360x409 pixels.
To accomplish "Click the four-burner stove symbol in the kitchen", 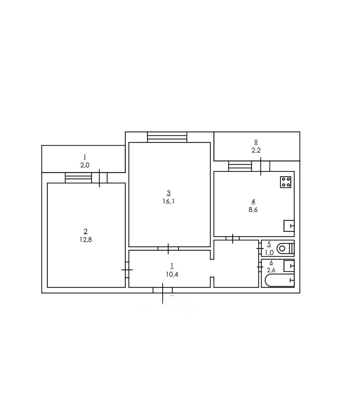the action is click(x=285, y=182).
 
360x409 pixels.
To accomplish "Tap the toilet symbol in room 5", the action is click(x=286, y=248).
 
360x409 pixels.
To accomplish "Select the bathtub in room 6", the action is click(x=280, y=280).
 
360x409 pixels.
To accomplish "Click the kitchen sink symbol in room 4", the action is click(x=289, y=226).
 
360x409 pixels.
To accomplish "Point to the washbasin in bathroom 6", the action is click(x=289, y=266).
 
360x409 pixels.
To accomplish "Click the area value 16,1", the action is click(x=168, y=201).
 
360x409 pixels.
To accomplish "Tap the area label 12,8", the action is click(x=86, y=240).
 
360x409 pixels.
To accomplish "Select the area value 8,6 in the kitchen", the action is click(x=253, y=210).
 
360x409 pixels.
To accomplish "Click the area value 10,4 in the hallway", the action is click(x=172, y=274).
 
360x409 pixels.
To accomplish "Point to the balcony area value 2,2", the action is click(x=256, y=150).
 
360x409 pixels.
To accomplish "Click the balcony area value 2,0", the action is click(x=85, y=165).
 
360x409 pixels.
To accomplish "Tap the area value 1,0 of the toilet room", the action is click(x=269, y=253).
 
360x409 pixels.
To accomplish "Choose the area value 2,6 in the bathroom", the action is click(x=271, y=270).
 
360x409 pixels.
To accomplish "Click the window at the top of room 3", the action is click(x=167, y=137).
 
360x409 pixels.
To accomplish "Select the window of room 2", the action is click(x=78, y=178).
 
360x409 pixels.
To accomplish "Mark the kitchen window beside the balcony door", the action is click(x=240, y=166).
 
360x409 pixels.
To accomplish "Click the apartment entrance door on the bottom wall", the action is click(x=163, y=290).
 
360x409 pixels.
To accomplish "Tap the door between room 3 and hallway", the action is click(x=168, y=248).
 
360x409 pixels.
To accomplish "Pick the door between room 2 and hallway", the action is click(x=127, y=270).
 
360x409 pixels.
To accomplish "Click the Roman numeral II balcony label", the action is click(x=256, y=142).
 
